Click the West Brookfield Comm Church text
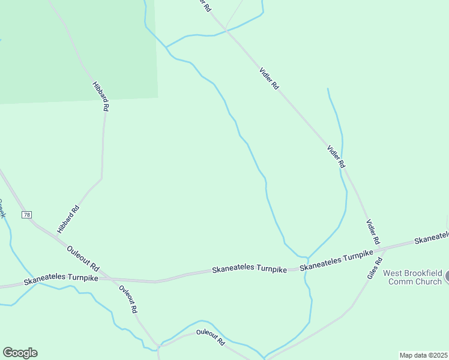point(412,277)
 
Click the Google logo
point(20,353)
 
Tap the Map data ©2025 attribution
point(423,355)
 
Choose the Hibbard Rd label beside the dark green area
point(101,96)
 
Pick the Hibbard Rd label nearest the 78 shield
point(68,220)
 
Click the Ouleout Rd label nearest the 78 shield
point(83,258)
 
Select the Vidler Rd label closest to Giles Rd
point(373,232)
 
